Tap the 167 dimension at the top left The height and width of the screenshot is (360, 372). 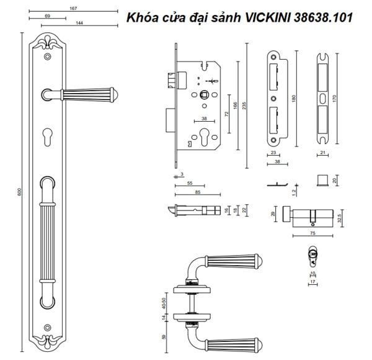pyautogui.click(x=73, y=8)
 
